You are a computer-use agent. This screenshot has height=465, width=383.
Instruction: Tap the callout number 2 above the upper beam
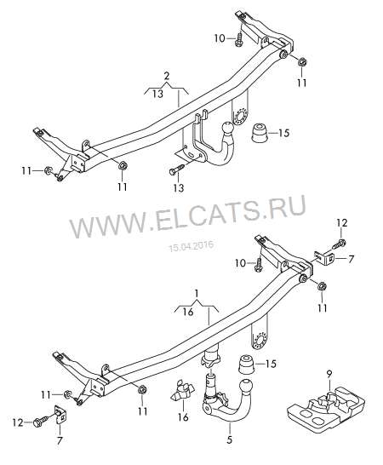[x=167, y=76]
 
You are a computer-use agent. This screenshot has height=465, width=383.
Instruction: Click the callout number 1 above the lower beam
[x=197, y=294]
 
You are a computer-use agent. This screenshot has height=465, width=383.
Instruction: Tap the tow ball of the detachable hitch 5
[x=246, y=387]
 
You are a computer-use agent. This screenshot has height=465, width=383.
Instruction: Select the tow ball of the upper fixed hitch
[x=226, y=129]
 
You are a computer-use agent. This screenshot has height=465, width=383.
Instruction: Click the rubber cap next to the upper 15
[x=259, y=133]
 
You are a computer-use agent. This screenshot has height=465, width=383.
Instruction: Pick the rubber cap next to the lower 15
[x=246, y=364]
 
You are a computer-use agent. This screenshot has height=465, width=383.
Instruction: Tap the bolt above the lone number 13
[x=177, y=169]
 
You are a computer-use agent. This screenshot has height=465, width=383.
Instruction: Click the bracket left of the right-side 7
[x=324, y=257]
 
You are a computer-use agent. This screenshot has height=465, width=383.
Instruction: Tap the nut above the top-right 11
[x=302, y=62]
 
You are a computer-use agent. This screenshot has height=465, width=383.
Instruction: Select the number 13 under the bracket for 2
[x=158, y=94]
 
